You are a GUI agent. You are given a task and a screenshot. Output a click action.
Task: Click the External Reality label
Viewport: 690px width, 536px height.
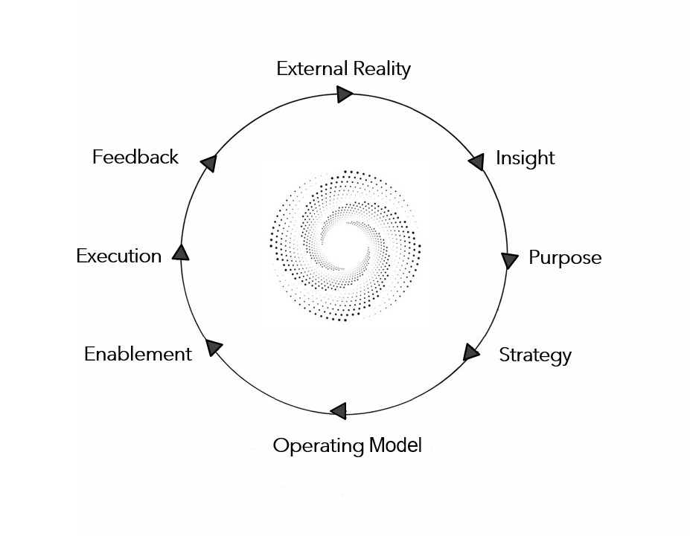343,69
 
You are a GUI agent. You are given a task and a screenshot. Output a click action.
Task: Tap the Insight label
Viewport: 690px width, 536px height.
525,158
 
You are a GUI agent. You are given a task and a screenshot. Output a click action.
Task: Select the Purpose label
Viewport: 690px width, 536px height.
564,258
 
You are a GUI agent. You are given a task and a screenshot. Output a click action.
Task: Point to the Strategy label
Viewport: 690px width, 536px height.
534,355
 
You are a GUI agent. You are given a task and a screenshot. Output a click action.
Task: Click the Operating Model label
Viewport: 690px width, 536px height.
347,446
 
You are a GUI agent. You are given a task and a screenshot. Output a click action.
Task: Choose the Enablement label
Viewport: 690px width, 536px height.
138,354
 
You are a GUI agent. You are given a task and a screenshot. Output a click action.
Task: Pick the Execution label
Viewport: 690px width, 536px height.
118,256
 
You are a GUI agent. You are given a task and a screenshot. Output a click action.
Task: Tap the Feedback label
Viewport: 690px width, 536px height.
135,158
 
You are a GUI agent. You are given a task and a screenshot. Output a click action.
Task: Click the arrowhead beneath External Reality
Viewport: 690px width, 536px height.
344,94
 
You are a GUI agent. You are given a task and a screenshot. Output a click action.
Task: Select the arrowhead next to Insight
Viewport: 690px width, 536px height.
477,161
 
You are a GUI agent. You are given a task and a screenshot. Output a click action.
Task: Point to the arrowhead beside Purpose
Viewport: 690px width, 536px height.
509,260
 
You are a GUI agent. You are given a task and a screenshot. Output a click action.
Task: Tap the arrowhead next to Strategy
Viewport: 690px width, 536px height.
470,352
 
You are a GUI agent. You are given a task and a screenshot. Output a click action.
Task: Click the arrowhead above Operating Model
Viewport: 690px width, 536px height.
339,410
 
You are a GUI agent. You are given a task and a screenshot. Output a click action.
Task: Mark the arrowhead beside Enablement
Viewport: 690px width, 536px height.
214,346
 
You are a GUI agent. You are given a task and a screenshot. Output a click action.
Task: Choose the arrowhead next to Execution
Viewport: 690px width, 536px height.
180,253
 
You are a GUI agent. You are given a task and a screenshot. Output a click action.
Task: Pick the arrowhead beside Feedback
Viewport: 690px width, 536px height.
209,163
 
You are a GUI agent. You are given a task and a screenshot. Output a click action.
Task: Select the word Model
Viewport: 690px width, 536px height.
395,446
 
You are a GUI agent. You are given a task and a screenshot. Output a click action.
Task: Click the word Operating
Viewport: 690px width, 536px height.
318,446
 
